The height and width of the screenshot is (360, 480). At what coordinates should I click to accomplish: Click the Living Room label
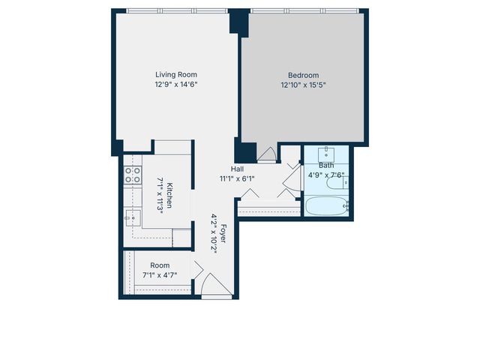point(175,74)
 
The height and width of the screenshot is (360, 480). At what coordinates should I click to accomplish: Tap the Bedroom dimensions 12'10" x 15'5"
point(303,85)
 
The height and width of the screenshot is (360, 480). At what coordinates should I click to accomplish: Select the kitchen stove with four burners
point(133,175)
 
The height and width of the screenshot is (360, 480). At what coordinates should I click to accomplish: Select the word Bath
point(325,165)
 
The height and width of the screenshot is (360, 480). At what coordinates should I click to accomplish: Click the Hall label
point(237,169)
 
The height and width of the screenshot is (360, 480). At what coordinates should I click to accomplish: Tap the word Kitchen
point(170,194)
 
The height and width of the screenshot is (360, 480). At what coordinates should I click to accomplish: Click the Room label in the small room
point(160,265)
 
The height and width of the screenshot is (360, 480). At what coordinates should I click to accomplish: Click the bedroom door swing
point(266,154)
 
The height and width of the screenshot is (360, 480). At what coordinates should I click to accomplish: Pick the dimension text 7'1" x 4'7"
point(160,275)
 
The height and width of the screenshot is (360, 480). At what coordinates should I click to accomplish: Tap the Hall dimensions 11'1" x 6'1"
point(237,179)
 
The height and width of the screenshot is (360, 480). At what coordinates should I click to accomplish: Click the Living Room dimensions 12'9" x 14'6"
point(175,85)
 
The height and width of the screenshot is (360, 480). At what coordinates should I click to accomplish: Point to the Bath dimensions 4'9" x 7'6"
point(325,175)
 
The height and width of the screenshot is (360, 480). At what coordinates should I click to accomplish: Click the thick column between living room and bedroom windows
point(238,20)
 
